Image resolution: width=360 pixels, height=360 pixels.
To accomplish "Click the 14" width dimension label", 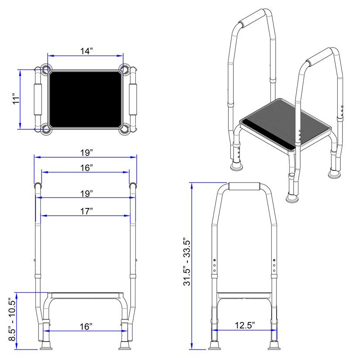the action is pyautogui.click(x=87, y=51).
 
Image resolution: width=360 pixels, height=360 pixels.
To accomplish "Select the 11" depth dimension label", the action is pyautogui.click(x=16, y=99).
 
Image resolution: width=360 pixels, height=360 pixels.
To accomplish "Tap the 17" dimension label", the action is pyautogui.click(x=87, y=211).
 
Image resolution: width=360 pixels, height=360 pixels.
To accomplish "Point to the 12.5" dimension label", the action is pyautogui.click(x=245, y=325).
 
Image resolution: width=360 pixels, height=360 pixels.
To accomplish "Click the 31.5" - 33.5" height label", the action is pyautogui.click(x=187, y=263).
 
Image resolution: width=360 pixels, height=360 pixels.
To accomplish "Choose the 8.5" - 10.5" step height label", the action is pyautogui.click(x=12, y=320).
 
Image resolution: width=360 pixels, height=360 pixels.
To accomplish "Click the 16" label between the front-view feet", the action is pyautogui.click(x=86, y=326).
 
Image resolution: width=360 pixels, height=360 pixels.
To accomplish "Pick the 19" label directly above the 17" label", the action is pyautogui.click(x=87, y=194).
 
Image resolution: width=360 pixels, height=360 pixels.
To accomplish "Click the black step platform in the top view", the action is pyautogui.click(x=85, y=100).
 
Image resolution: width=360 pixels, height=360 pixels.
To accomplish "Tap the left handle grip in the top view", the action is pyautogui.click(x=38, y=99).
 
